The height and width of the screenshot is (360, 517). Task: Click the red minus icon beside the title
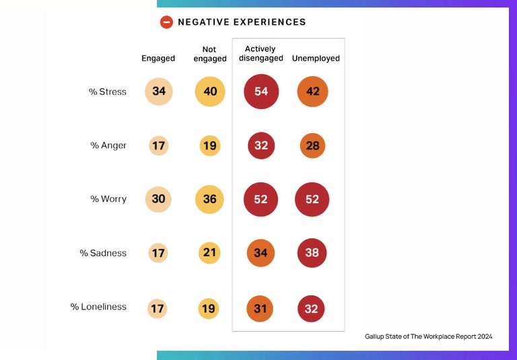166,22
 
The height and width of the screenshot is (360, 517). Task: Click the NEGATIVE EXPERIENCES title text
242,22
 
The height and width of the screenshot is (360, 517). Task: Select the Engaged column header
158,59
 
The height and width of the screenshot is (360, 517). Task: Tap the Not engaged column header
210,54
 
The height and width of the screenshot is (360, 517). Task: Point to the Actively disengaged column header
261,54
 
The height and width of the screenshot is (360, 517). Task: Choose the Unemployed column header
316,59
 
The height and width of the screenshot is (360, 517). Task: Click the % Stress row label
108,92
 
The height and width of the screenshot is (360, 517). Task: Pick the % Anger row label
108,145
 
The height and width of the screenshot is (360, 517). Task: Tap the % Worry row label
108,199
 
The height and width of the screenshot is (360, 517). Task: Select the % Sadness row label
103,253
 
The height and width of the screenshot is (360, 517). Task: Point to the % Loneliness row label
98,307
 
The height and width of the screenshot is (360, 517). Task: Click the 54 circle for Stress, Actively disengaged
261,92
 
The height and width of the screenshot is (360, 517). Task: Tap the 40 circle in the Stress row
210,92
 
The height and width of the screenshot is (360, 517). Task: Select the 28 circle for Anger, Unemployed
312,145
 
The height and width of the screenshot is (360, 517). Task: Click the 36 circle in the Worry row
210,199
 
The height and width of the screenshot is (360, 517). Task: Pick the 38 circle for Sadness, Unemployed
312,253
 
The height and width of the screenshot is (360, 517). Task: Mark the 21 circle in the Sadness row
210,253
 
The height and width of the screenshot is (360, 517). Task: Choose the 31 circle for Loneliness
261,309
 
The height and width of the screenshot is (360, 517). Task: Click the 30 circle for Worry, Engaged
159,199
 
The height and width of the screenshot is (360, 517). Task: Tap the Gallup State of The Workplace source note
428,336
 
